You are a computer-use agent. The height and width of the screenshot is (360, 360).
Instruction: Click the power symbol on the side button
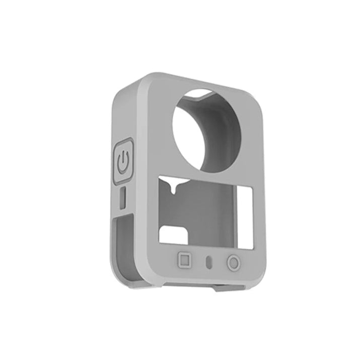click(x=123, y=162)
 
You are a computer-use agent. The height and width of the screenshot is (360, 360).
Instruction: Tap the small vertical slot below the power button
click(x=123, y=199)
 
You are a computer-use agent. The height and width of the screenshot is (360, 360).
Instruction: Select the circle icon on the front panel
click(x=233, y=263)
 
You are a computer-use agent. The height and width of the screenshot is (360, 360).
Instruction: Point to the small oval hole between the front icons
click(x=209, y=262)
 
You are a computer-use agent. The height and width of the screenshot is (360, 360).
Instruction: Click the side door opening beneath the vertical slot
click(x=123, y=242)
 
